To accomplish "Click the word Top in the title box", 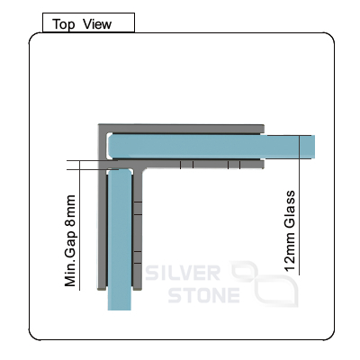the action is (64, 24).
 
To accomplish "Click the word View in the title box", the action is (97, 24).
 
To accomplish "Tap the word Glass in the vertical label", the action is (290, 209).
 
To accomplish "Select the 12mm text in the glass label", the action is (290, 251).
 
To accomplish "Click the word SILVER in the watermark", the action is (183, 273).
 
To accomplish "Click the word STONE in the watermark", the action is (204, 295).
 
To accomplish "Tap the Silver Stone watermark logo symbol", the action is (265, 283).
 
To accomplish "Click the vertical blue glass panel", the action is (120, 239).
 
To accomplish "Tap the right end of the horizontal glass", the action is (315, 147).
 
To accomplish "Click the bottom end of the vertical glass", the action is (120, 310).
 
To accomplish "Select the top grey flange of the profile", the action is (181, 129).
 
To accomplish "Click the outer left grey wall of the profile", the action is (103, 207).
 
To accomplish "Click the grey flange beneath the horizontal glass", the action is (204, 165).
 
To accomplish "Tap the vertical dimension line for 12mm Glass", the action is (299, 205).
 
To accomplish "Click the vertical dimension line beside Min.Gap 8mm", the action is (80, 225).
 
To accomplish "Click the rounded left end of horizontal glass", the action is (110, 147).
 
